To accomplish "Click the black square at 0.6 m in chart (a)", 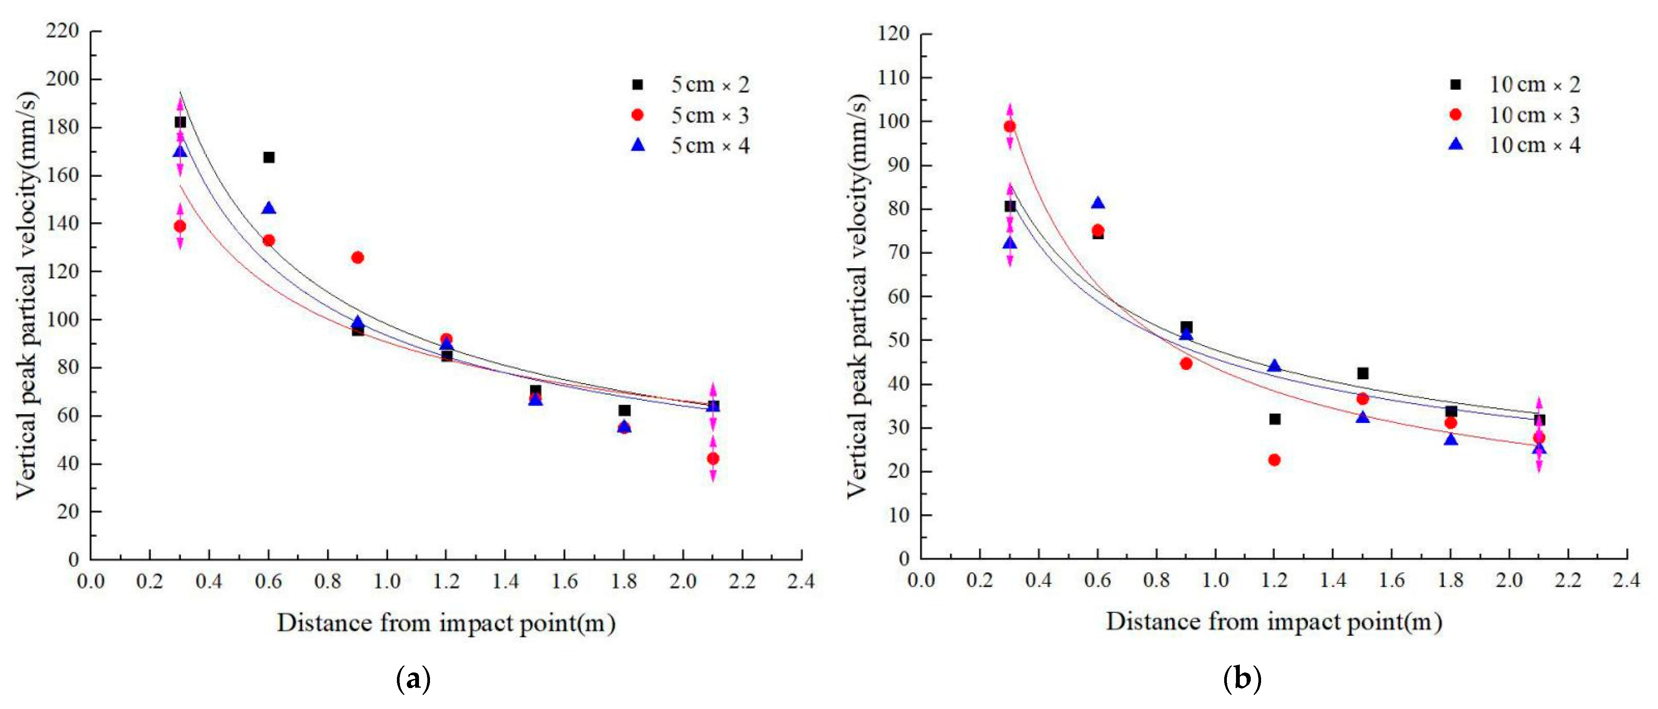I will pos(268,157).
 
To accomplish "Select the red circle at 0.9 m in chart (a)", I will pos(357,258).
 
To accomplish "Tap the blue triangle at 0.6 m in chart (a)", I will pos(268,208).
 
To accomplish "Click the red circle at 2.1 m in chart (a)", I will pos(712,458).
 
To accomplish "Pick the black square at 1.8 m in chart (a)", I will pos(624,410).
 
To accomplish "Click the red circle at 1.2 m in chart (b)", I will pos(1274,460).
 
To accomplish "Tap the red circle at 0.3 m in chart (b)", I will pos(1009,126).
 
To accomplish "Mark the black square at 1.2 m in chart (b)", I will pos(1274,419).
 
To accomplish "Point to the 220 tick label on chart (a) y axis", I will pos(62,30).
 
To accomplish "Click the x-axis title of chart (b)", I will pos(1273,622).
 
